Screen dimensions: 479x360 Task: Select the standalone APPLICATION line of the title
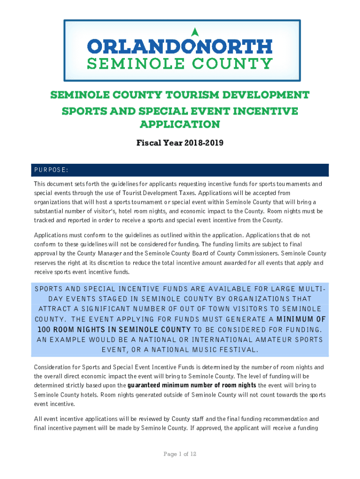180,124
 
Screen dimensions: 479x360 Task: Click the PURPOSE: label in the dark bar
51,169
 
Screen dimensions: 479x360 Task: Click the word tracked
44,221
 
